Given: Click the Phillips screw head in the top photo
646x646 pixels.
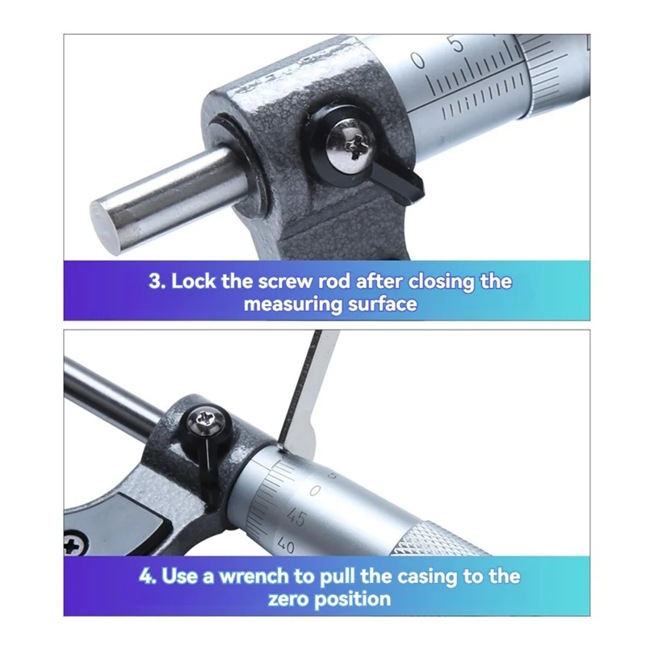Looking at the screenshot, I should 349,144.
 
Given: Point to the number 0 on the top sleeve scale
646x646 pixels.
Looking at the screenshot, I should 417,59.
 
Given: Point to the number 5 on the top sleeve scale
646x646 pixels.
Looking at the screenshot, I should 459,44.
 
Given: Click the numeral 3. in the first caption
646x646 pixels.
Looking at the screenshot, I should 157,282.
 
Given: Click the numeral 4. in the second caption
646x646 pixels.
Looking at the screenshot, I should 148,577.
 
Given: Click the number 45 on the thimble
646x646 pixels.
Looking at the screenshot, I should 296,518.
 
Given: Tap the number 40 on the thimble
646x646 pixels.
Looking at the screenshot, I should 285,546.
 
